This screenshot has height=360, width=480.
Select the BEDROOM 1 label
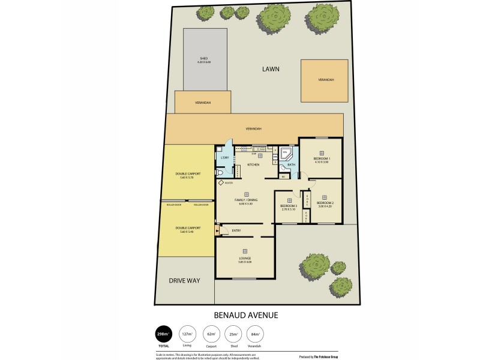322,160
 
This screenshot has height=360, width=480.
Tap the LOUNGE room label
245,259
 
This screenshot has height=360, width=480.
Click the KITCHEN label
253,164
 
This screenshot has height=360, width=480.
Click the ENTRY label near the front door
236,230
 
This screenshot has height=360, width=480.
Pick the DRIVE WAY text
184,280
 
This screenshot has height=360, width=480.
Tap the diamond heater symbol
222,184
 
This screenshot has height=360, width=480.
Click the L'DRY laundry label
225,158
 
